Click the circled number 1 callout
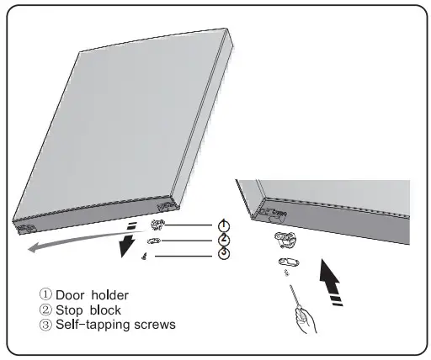point(223,225)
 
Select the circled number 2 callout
point(223,240)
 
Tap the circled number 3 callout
point(223,254)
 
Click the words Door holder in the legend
point(93,295)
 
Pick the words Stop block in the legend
point(88,310)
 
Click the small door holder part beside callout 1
point(157,225)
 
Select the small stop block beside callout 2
point(155,240)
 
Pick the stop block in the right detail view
point(287,262)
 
